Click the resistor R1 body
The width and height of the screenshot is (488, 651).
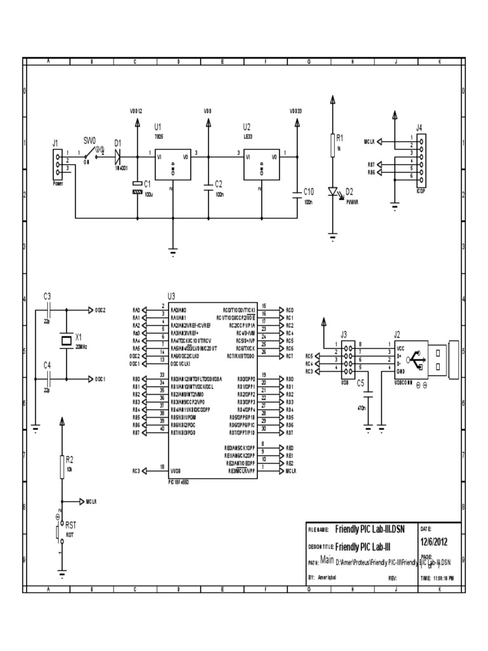(x=332, y=145)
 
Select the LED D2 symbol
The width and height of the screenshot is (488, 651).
(x=332, y=191)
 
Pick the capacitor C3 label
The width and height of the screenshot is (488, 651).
(x=47, y=296)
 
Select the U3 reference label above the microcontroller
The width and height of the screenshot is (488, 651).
(x=170, y=296)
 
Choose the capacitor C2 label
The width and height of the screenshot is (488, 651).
(x=218, y=183)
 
